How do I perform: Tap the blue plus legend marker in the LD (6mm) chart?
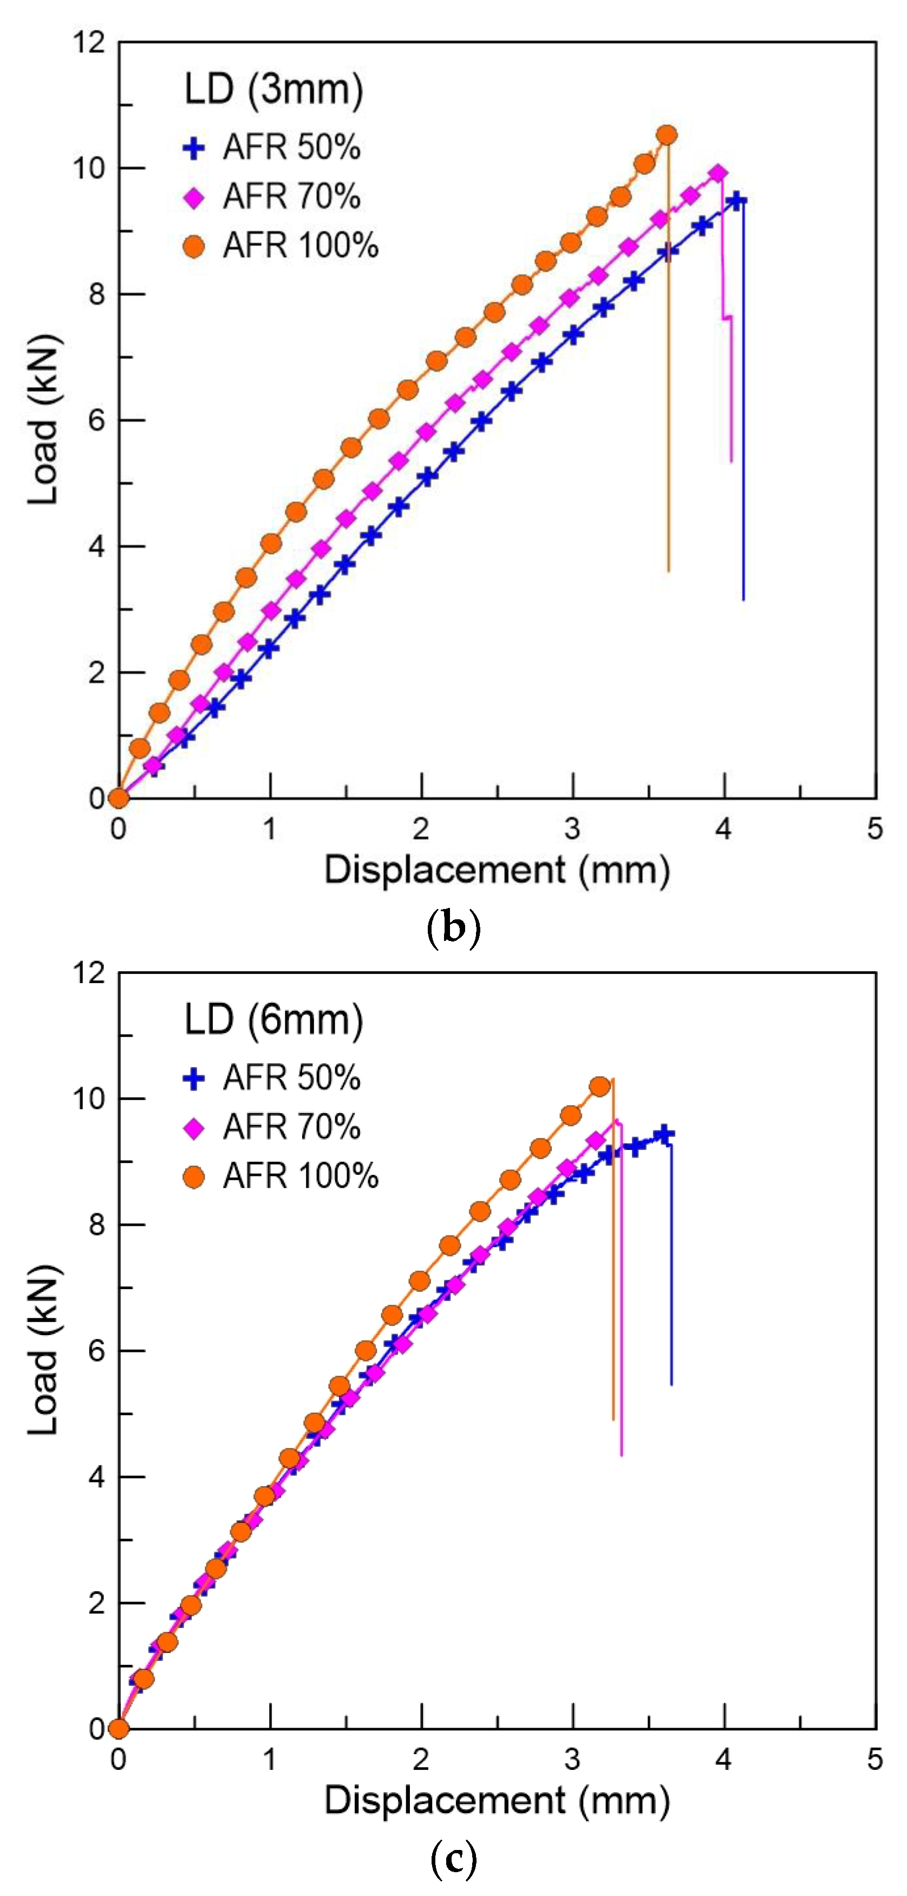pos(194,1079)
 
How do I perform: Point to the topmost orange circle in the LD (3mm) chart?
pos(667,135)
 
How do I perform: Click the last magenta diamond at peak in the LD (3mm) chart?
pos(718,174)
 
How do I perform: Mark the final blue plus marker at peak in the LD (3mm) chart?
pos(736,201)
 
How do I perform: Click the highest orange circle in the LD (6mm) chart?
pos(600,1087)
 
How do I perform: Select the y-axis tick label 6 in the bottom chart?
pos(96,1351)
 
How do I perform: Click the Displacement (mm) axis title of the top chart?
pos(497,871)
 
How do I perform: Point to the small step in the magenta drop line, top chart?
pos(727,317)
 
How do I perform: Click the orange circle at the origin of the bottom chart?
pos(119,1729)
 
